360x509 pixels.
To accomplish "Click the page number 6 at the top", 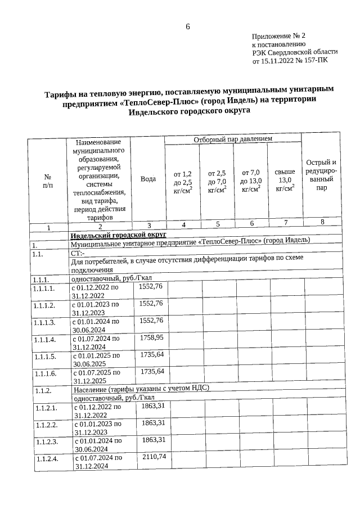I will tap(188, 26).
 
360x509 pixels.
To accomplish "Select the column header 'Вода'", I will tap(148, 178).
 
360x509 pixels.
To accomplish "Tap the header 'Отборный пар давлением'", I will tap(233, 138).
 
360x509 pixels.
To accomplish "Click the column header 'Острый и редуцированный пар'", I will tap(321, 175).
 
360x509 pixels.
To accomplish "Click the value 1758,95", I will tap(151, 337).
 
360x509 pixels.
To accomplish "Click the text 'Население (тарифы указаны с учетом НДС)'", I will tap(143, 388).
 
